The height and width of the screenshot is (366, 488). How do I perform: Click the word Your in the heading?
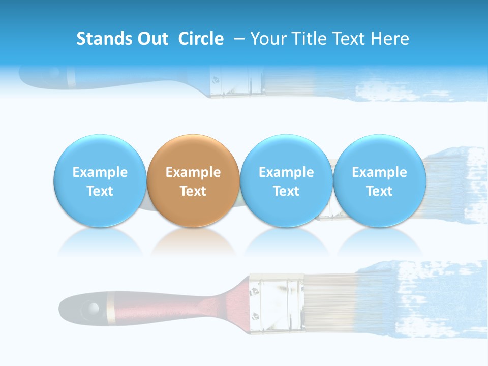267,39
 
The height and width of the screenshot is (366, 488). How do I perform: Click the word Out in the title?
154,39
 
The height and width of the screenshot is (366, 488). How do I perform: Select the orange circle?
193,180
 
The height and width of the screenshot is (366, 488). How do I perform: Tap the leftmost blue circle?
100,180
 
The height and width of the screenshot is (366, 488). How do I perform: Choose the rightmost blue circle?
379,180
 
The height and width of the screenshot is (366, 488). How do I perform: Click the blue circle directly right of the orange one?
286,180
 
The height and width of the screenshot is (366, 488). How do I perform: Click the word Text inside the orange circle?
193,191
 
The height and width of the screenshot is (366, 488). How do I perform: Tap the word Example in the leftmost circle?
100,172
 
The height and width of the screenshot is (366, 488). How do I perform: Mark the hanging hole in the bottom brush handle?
92,308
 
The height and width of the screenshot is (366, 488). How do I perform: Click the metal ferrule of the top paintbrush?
236,81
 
